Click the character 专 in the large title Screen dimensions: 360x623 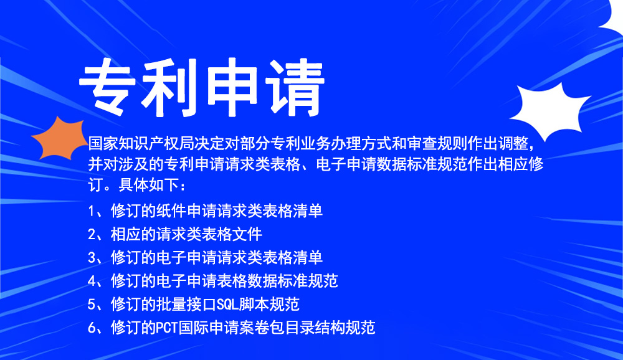pos(108,87)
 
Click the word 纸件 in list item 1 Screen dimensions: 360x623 pos(171,211)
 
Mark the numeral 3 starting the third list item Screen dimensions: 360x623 pos(92,258)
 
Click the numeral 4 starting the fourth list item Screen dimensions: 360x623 pos(92,282)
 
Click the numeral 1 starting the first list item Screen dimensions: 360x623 pos(92,211)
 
